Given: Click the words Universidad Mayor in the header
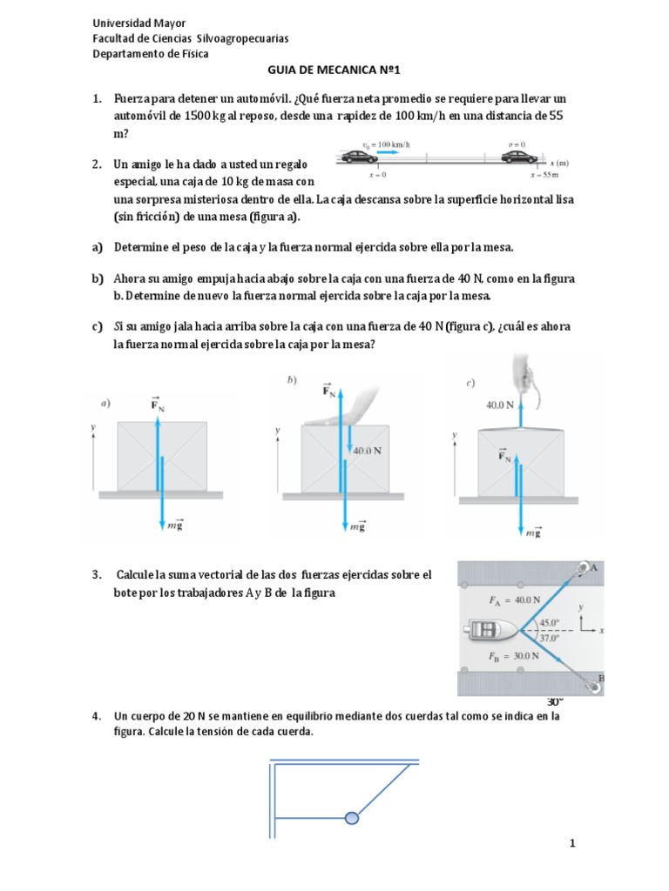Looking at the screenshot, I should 139,23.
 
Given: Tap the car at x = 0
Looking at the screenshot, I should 358,158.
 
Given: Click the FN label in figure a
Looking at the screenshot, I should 158,405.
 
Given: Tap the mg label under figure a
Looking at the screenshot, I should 175,527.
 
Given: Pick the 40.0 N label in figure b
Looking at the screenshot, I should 369,451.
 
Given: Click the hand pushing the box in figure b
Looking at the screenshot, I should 357,409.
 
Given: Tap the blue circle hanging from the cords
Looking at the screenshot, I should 352,817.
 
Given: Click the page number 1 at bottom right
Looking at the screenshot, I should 572,842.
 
